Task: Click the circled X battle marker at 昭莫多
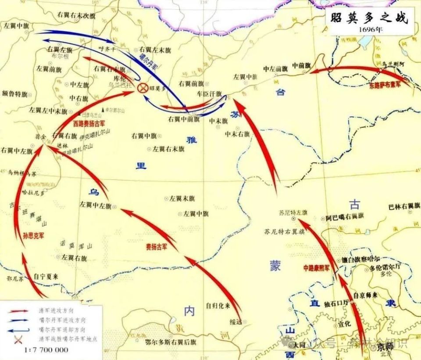tap(143, 88)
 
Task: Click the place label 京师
tap(385, 347)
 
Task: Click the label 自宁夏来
tap(46, 276)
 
